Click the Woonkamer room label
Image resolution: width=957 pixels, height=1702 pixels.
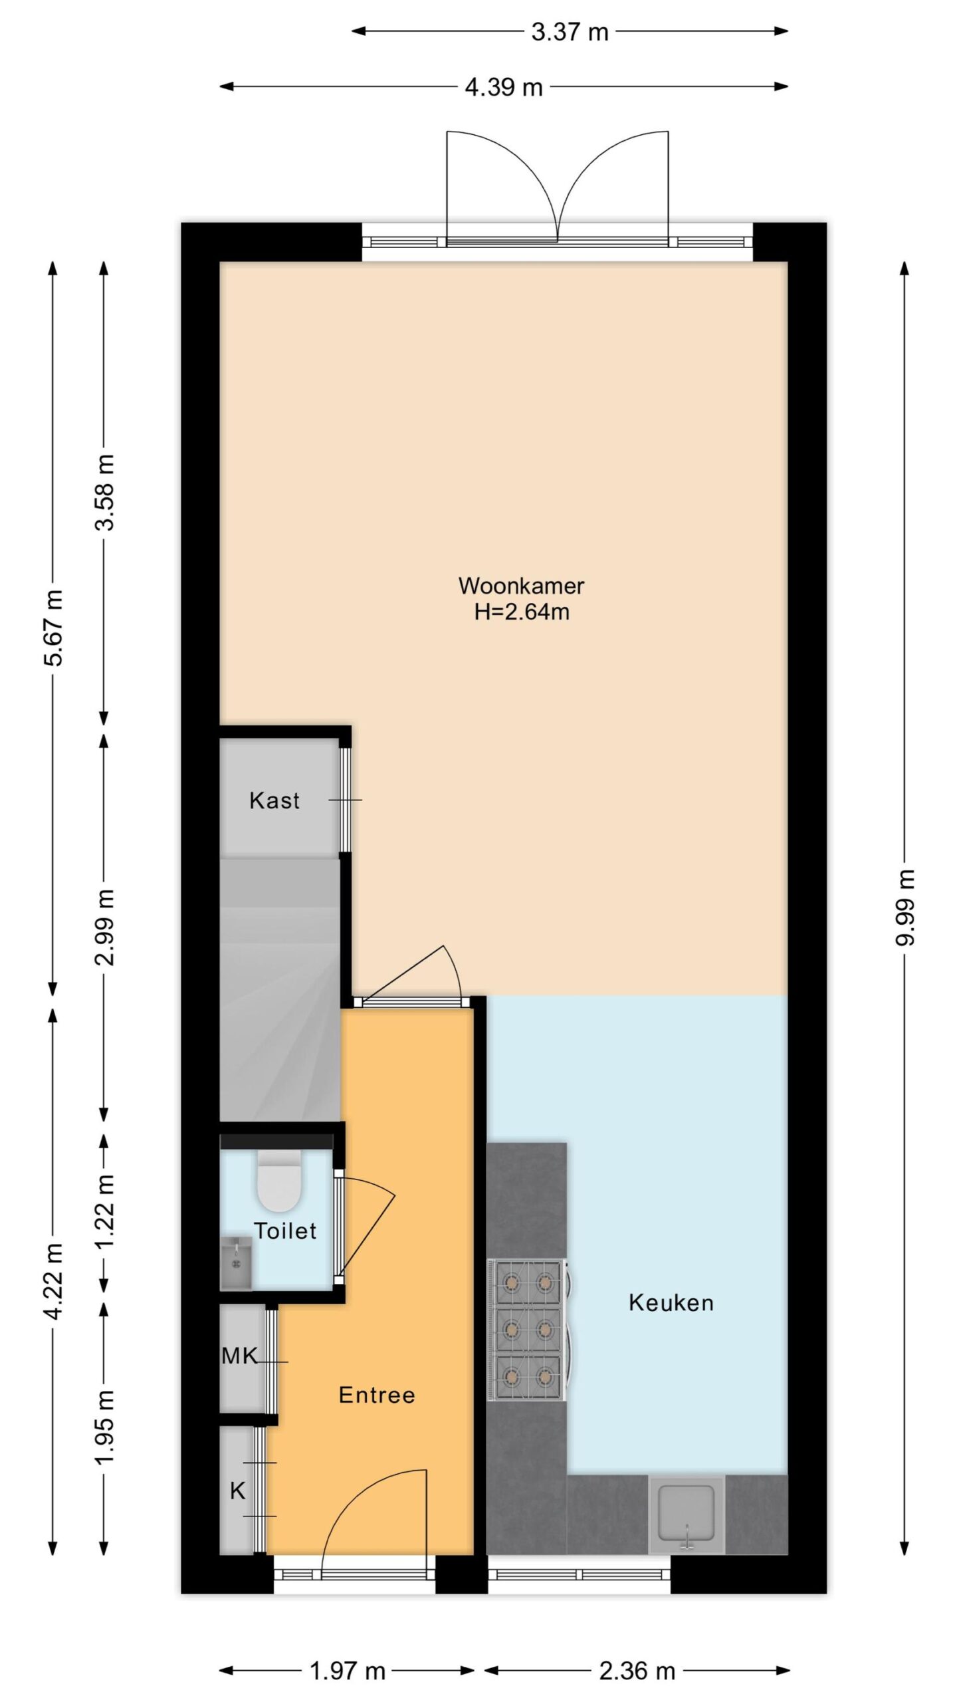tap(521, 586)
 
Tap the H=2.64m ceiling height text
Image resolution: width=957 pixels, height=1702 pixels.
tap(522, 612)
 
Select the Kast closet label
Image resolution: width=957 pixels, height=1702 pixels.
tap(274, 800)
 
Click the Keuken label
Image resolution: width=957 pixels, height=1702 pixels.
tap(671, 1302)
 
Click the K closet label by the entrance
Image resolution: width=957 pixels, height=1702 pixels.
tap(237, 1491)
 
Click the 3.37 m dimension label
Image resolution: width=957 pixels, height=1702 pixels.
tap(570, 32)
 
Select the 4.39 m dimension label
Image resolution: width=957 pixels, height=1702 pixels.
tap(504, 87)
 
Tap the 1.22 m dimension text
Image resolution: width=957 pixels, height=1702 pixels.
tap(105, 1212)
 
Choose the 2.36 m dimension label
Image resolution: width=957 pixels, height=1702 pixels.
tap(637, 1671)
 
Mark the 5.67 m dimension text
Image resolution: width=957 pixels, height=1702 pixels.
tap(54, 628)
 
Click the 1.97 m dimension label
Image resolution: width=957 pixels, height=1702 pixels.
tap(348, 1671)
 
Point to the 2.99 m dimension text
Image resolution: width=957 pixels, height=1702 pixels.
tap(105, 927)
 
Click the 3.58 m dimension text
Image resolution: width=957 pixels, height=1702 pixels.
tap(105, 492)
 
